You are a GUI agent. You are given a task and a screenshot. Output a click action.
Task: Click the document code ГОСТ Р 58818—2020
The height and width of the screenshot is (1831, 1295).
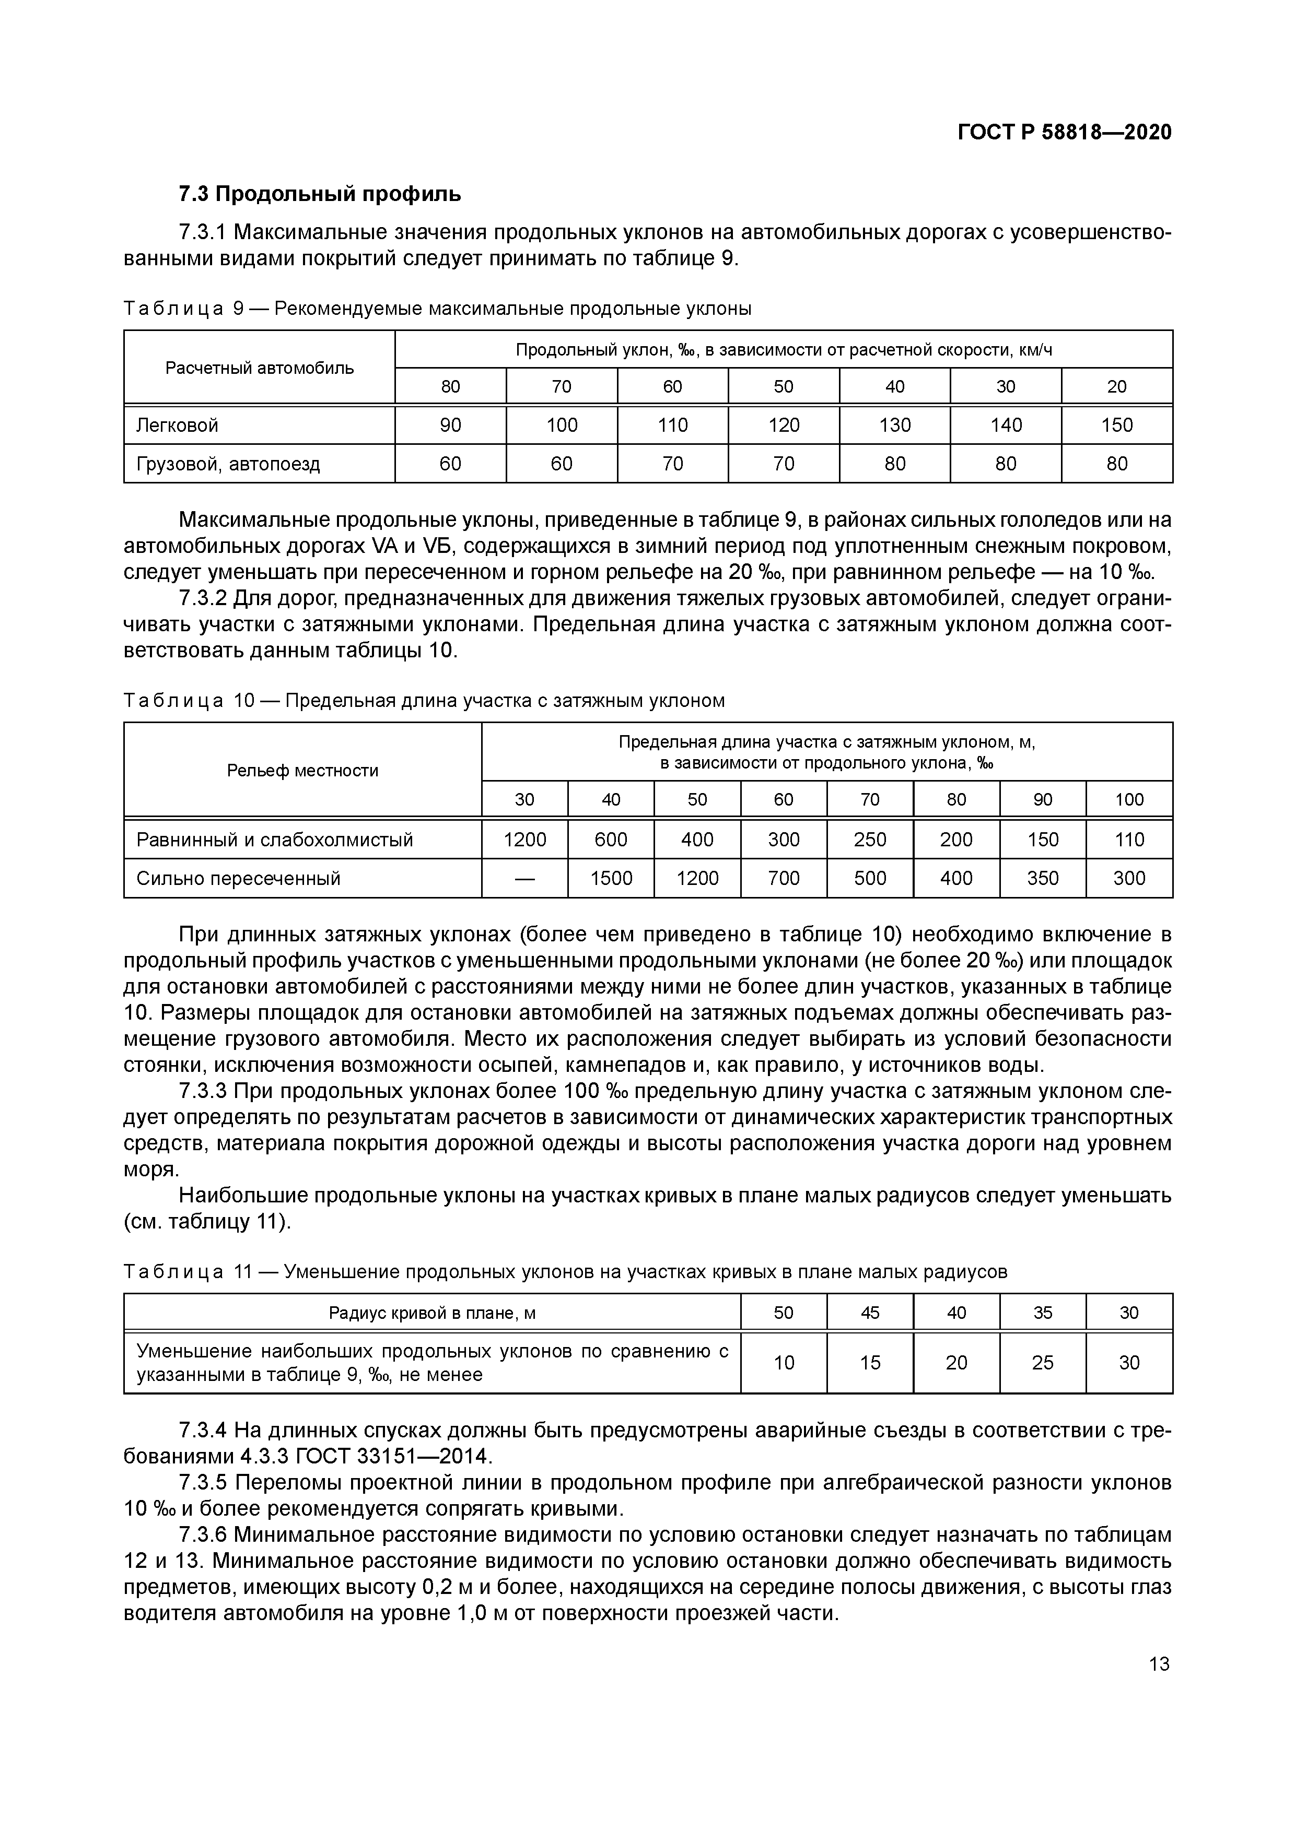coord(1065,133)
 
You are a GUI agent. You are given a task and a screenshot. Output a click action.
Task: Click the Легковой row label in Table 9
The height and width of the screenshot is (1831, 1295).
coord(177,425)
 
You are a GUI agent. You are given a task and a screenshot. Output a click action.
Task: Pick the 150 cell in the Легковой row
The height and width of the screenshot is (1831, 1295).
coord(1116,425)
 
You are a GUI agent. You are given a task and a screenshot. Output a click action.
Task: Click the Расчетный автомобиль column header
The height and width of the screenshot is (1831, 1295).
coord(259,368)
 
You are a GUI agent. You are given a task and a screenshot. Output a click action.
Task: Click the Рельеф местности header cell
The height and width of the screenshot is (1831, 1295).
coord(302,771)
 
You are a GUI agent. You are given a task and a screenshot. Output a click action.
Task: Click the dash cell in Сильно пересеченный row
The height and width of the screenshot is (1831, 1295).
coord(524,878)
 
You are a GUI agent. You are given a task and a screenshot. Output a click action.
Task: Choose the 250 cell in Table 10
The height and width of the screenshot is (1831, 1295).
coord(870,839)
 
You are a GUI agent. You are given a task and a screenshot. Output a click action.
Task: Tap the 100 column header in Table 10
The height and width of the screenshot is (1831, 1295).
coord(1129,799)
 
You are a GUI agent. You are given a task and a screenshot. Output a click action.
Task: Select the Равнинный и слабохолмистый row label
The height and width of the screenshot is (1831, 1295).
coord(274,839)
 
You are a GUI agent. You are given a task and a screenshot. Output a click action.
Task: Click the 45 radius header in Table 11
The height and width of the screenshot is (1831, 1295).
coord(870,1312)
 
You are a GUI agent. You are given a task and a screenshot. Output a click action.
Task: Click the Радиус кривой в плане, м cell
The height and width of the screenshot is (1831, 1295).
coord(431,1312)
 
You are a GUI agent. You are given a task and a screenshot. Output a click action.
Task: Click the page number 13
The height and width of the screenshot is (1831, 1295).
coord(1159,1663)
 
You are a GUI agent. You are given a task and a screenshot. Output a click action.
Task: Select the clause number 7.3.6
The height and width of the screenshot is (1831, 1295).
coord(203,1534)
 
